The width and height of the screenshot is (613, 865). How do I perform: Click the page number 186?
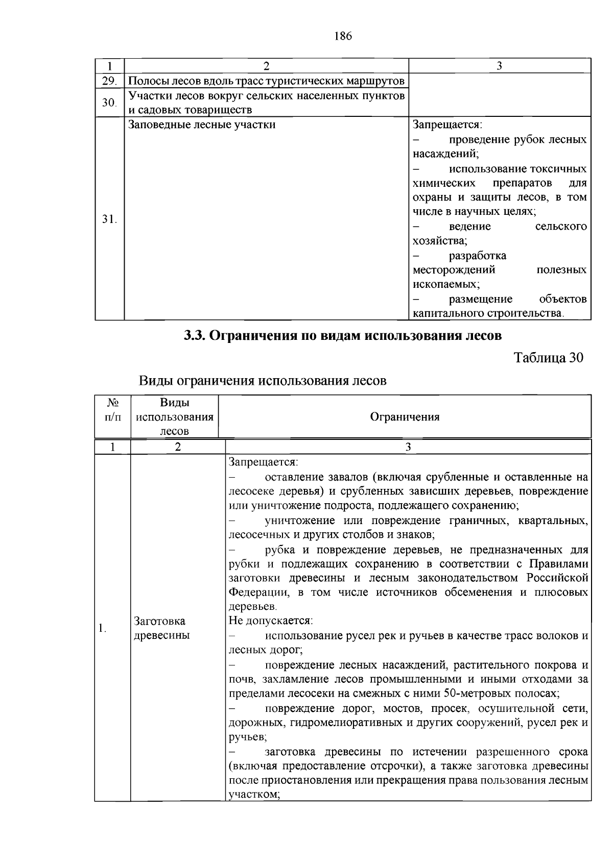click(x=343, y=36)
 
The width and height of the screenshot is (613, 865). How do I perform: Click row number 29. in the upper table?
click(x=109, y=81)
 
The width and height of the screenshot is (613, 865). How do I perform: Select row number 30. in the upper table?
click(x=109, y=103)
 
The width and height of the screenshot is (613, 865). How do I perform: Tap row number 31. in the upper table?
click(x=109, y=219)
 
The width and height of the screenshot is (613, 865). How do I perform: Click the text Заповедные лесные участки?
click(x=202, y=125)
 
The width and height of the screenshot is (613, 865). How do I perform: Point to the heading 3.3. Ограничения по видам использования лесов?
click(x=343, y=336)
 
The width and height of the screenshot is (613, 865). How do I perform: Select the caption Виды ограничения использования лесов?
click(x=263, y=381)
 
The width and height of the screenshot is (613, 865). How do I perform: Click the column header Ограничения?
click(x=405, y=417)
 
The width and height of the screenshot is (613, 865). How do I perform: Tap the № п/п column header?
click(x=113, y=410)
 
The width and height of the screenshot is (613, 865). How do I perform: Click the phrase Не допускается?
click(x=271, y=621)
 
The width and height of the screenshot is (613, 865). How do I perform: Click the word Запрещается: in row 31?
click(x=447, y=125)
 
